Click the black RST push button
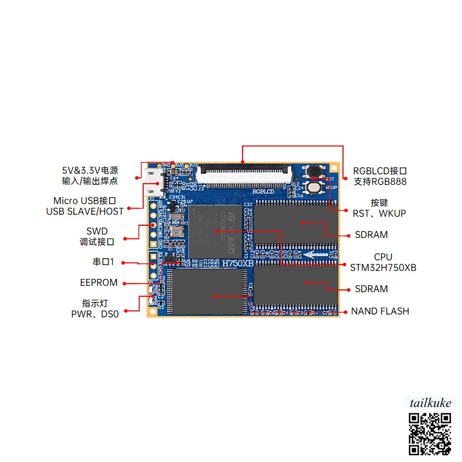tap(315, 172)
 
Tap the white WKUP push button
tap(314, 187)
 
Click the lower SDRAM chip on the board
tap(296, 284)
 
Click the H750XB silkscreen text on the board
tap(238, 262)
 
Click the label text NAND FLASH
tap(380, 311)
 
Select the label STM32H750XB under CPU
tap(383, 268)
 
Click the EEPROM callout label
tap(99, 283)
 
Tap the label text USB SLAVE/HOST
tap(85, 211)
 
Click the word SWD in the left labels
tap(97, 231)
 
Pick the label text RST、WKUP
tap(379, 214)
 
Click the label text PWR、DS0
tap(95, 315)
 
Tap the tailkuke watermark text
tap(430, 403)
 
